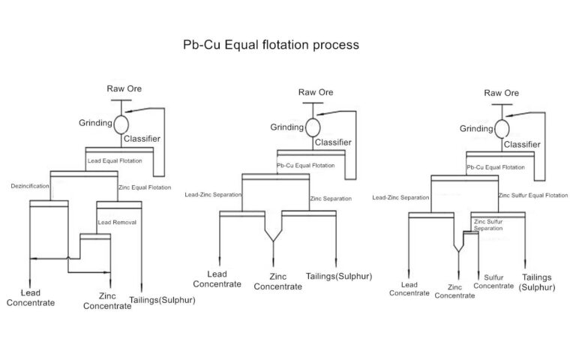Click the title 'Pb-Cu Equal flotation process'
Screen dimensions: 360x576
point(271,44)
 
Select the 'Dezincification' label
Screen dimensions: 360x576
point(29,185)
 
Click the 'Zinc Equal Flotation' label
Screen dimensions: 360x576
point(145,187)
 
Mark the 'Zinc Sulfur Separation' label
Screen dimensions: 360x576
point(489,225)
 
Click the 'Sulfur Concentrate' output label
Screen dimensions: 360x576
point(494,281)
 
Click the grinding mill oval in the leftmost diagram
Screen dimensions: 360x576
point(120,122)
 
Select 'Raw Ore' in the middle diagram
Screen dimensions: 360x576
point(316,92)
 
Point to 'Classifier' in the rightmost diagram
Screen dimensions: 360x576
point(522,143)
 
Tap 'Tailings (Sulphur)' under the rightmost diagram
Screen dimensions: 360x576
point(538,281)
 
